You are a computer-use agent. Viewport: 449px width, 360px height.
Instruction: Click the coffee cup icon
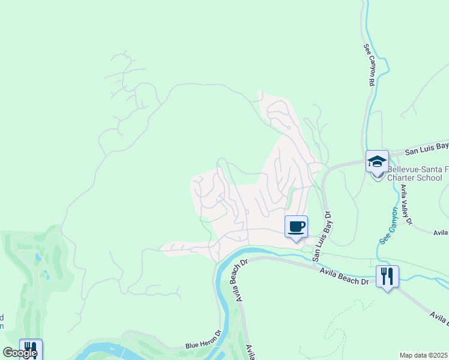point(296,227)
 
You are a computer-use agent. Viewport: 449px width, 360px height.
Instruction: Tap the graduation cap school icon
point(377,161)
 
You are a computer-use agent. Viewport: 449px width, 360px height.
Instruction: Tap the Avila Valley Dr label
point(406,204)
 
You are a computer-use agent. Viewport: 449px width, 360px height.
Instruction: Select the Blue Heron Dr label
point(203,346)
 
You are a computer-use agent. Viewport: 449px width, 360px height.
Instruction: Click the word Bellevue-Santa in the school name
point(415,170)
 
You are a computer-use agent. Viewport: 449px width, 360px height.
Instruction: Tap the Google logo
point(19,353)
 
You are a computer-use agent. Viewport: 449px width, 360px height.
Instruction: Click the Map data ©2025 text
point(424,355)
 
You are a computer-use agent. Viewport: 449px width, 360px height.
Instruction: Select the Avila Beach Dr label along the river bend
point(239,281)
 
